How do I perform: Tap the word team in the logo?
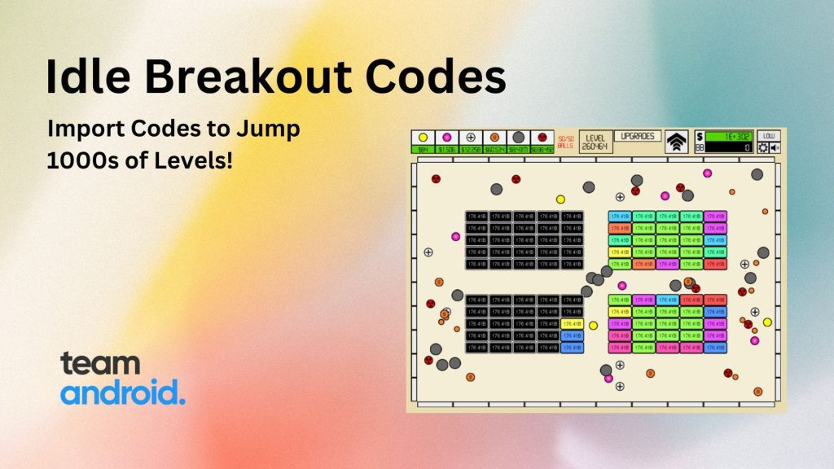(x=100, y=363)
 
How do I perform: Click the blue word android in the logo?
(x=122, y=392)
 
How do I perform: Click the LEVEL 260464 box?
(x=595, y=141)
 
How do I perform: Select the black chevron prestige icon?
(x=676, y=141)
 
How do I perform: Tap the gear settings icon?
(x=763, y=148)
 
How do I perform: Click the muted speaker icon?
(x=775, y=148)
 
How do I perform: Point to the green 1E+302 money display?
(x=730, y=136)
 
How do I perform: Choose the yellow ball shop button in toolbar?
(x=423, y=138)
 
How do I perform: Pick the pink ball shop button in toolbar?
(x=446, y=138)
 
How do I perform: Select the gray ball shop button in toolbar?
(x=518, y=138)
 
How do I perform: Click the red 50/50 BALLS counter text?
(x=566, y=142)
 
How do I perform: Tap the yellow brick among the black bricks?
(x=572, y=323)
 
